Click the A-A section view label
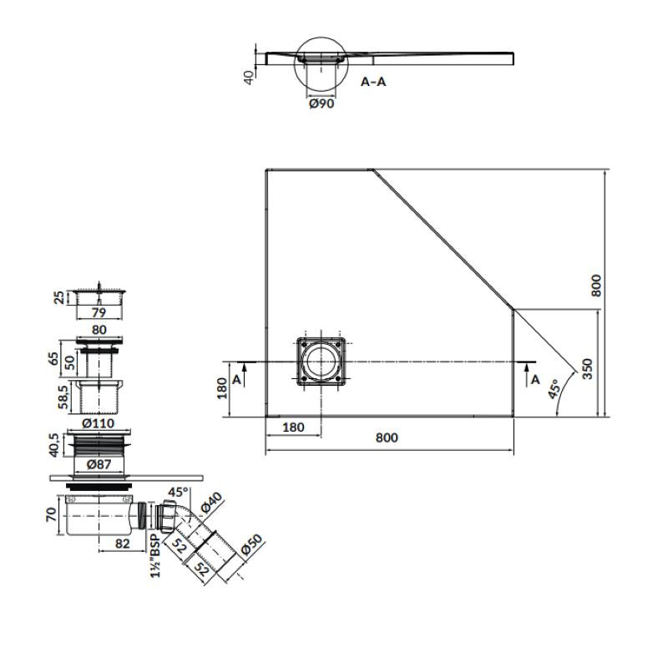[x=373, y=81]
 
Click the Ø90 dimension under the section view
[x=321, y=104]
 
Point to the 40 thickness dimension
[x=248, y=77]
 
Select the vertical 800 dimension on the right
[x=596, y=286]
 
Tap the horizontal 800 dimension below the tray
[x=387, y=438]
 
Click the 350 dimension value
[x=588, y=369]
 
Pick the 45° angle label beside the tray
[x=554, y=388]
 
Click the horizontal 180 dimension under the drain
[x=293, y=427]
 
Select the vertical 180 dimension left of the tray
[x=222, y=388]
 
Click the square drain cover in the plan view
[x=321, y=362]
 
